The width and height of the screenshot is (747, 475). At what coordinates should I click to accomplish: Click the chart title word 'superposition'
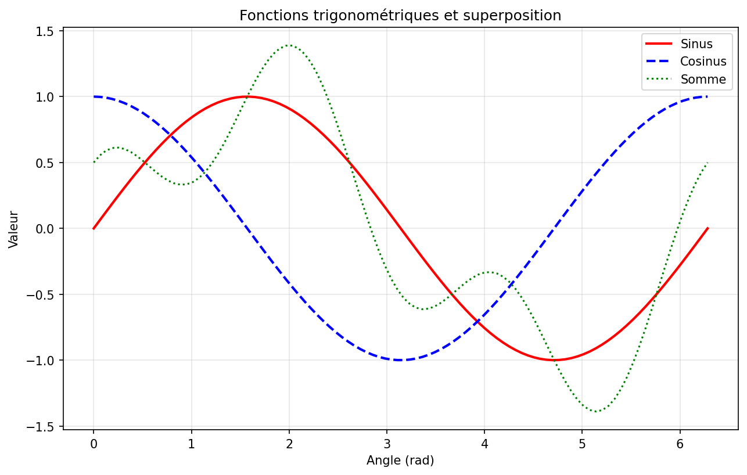512,16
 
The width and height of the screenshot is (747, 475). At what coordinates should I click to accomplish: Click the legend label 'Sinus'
696,44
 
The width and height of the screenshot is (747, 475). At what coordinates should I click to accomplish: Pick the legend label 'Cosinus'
703,62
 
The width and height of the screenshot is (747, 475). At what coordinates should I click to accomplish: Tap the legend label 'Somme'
703,80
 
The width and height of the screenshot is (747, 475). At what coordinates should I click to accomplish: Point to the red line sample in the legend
659,44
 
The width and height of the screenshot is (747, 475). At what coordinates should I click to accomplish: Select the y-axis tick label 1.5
44,32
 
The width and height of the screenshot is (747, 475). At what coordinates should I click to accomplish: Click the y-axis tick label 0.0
44,229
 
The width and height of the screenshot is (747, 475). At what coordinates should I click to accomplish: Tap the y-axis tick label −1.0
39,361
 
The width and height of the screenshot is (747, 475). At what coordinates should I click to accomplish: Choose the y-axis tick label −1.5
39,427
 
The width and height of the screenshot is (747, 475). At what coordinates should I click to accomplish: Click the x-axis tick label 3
386,444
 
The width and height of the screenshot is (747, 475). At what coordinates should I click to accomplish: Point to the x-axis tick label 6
680,444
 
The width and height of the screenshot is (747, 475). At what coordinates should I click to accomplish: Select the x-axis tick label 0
94,444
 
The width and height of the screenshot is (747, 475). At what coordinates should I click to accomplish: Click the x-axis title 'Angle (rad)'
400,460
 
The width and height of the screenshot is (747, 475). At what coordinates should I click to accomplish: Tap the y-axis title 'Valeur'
13,229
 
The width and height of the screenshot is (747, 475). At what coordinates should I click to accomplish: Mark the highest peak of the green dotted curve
289,45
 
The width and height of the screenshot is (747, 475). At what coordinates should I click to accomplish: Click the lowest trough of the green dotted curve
596,412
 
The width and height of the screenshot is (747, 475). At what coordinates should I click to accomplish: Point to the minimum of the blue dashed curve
400,360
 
